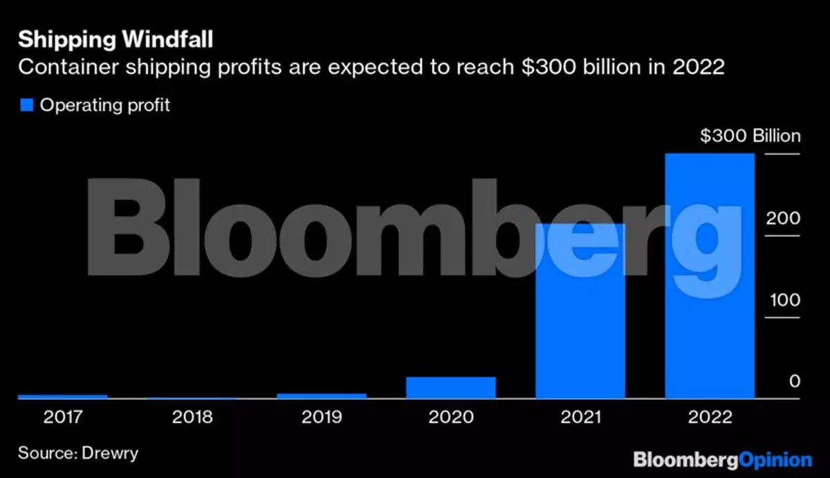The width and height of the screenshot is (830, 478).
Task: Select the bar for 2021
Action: click(x=580, y=311)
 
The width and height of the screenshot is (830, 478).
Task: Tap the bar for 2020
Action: click(x=451, y=387)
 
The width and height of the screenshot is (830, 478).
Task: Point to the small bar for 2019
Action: click(x=322, y=396)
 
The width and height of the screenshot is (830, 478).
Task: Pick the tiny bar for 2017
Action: click(x=63, y=396)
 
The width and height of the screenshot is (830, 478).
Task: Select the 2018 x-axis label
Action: click(x=192, y=418)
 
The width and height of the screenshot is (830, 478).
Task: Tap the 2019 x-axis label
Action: click(x=322, y=418)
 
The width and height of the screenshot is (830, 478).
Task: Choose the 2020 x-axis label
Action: click(x=451, y=418)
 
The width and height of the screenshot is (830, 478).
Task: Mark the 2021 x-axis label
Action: click(x=580, y=418)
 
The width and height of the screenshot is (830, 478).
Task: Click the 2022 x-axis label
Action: click(x=708, y=418)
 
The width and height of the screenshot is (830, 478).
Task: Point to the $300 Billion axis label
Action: click(x=750, y=136)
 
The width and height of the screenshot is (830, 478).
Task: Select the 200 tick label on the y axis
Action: click(x=782, y=219)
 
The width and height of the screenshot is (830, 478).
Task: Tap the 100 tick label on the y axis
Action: click(x=782, y=301)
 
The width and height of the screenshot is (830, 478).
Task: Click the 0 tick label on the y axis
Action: click(x=795, y=382)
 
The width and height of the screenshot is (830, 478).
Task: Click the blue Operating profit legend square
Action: click(x=27, y=105)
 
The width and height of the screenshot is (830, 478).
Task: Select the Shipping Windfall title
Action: click(x=116, y=39)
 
